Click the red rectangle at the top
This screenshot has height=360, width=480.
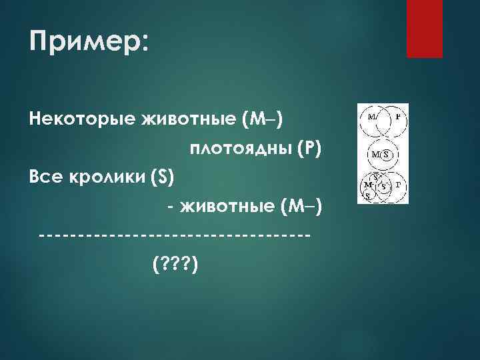(425, 28)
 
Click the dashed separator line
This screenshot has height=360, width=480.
(174, 235)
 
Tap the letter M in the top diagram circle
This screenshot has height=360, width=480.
(371, 115)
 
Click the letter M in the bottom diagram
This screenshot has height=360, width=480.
(367, 184)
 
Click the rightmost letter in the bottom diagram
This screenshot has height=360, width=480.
(398, 183)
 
